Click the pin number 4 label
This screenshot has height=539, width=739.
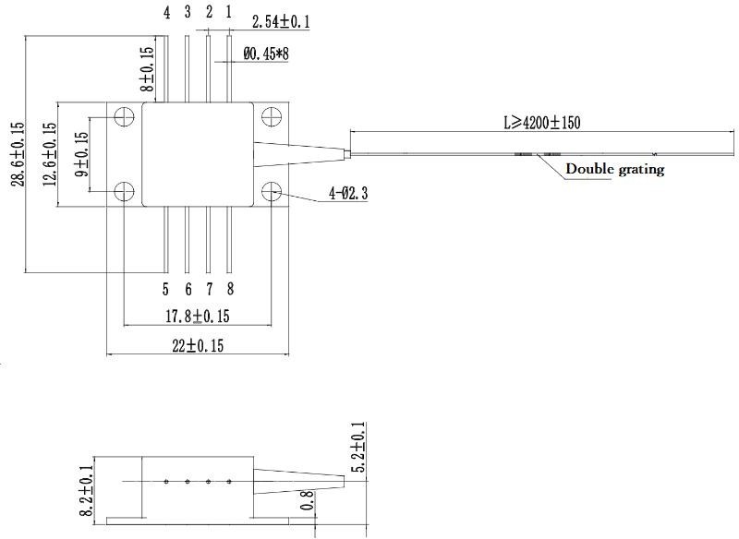tap(167, 13)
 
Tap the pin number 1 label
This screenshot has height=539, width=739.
tap(228, 12)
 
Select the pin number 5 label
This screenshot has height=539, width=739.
tap(165, 289)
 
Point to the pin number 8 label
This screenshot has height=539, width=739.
tap(230, 289)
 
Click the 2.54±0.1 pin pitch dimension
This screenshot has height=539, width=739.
tap(281, 21)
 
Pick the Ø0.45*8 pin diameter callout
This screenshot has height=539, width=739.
tap(266, 54)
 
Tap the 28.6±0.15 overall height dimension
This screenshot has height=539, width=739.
tap(18, 154)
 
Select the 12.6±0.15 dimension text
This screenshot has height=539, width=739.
tap(50, 154)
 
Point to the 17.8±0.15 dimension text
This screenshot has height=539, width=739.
tap(198, 316)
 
